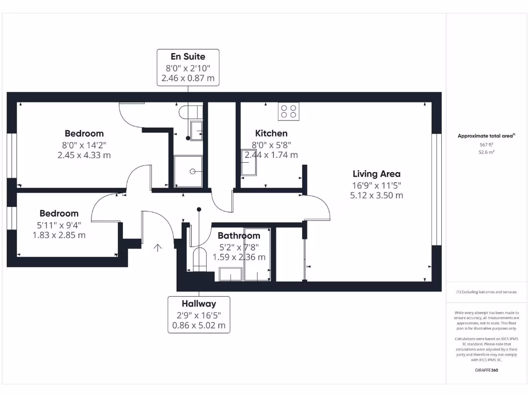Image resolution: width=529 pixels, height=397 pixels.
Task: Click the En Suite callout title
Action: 188,57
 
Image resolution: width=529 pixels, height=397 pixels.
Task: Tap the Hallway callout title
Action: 198,303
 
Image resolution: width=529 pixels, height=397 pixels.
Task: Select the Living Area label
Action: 376,174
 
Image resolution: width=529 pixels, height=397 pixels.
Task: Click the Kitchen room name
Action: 271,133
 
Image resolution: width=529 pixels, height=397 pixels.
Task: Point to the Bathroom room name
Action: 239,236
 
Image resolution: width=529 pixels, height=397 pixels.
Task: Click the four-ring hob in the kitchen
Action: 288,112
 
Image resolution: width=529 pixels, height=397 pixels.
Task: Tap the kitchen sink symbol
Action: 248,162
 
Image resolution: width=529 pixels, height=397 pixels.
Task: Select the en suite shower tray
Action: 189,171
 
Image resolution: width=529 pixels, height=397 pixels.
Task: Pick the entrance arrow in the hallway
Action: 158,248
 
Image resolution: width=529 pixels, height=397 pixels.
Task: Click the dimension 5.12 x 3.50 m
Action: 376,195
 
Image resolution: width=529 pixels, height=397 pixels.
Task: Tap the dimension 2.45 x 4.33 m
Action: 84,155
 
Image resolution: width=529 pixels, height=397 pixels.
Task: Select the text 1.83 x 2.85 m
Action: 59,235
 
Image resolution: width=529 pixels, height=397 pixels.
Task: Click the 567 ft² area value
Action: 486,145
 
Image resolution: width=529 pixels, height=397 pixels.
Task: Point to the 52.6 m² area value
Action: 486,152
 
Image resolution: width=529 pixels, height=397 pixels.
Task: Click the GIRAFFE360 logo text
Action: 486,370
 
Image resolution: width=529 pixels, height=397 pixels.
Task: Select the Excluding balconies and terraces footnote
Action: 486,292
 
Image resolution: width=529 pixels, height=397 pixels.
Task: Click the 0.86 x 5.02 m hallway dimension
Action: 198,326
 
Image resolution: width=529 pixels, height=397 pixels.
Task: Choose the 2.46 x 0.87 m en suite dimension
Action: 188,79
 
